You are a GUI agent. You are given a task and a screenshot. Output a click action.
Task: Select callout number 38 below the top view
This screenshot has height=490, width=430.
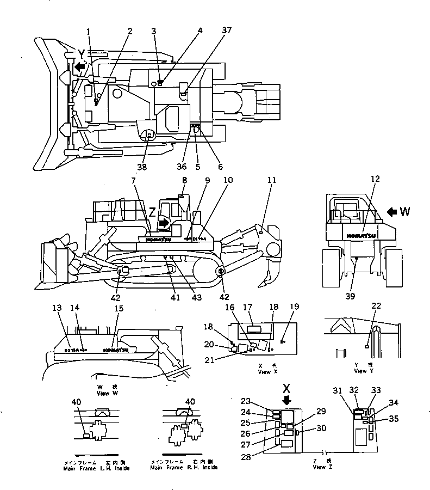click(142, 167)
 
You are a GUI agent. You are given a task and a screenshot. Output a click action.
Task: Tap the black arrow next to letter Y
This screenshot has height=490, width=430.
click(80, 67)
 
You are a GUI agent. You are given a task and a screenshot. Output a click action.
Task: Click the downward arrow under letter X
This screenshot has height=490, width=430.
click(286, 401)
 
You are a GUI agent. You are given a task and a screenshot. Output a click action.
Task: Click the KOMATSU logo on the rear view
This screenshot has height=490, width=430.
click(360, 236)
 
